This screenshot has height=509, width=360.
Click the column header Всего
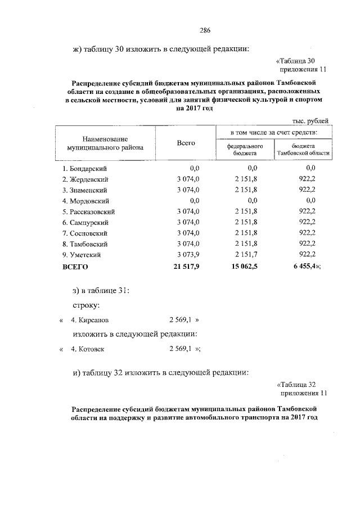[x=186, y=143]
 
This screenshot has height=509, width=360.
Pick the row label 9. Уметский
[x=83, y=255]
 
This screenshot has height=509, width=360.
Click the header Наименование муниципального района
[x=105, y=143]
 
